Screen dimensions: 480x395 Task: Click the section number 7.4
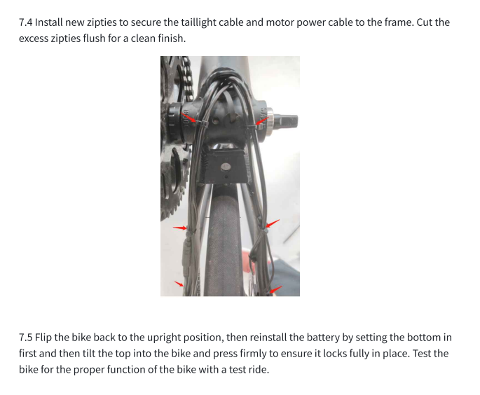[25, 22]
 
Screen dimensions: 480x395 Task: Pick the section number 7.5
[25, 337]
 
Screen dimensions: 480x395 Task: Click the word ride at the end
[260, 370]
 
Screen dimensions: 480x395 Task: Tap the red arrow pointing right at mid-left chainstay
[180, 228]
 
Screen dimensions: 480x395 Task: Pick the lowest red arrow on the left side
[179, 284]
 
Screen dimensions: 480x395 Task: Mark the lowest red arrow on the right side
[276, 289]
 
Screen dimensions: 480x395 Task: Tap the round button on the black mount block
[226, 167]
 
